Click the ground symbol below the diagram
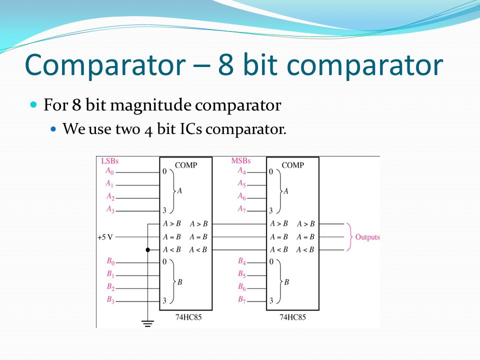(x=147, y=323)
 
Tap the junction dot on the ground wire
(x=148, y=250)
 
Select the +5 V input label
(x=105, y=237)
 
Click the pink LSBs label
(x=109, y=161)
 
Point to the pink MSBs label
(x=241, y=161)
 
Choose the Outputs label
(x=367, y=237)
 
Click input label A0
(x=109, y=171)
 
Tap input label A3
(x=110, y=209)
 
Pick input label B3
(x=110, y=299)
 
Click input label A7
(x=242, y=209)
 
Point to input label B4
(x=242, y=261)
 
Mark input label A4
(x=242, y=170)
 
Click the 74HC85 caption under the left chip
(x=188, y=317)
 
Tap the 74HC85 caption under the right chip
(x=292, y=317)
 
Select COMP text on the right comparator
(x=293, y=165)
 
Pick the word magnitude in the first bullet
(x=150, y=106)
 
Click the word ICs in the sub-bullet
(x=190, y=129)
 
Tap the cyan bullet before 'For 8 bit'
(x=33, y=104)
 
